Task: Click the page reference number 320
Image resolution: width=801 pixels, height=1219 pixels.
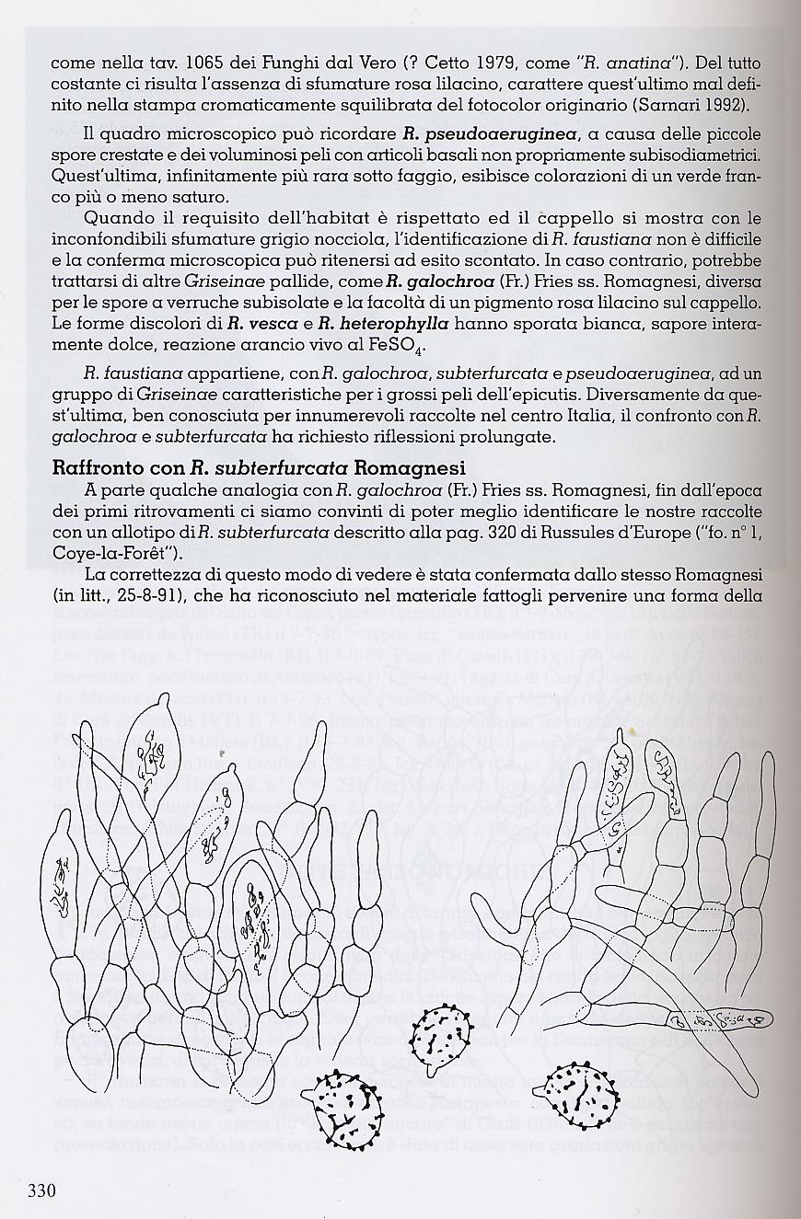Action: click(494, 531)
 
